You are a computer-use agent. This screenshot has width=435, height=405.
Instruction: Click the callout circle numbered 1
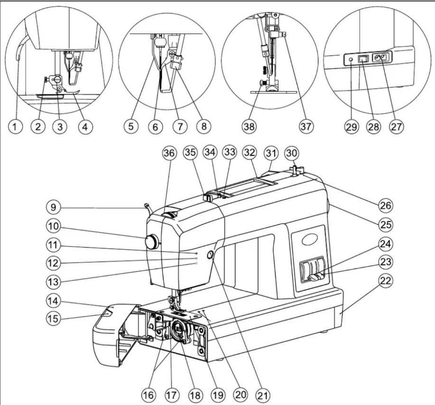(15, 126)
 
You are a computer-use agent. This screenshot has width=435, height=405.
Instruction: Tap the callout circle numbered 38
(250, 126)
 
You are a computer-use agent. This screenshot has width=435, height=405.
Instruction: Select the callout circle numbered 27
(396, 127)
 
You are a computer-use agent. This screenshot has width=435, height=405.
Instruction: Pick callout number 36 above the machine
(169, 153)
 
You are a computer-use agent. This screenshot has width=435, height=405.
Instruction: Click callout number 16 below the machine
(149, 395)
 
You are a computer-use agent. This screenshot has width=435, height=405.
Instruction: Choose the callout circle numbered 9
(53, 207)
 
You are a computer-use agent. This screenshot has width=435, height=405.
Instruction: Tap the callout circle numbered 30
(292, 153)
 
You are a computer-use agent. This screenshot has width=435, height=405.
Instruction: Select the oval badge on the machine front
(308, 240)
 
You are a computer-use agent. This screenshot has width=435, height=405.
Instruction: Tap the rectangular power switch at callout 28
(363, 59)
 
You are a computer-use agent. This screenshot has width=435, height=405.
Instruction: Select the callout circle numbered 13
(53, 282)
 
